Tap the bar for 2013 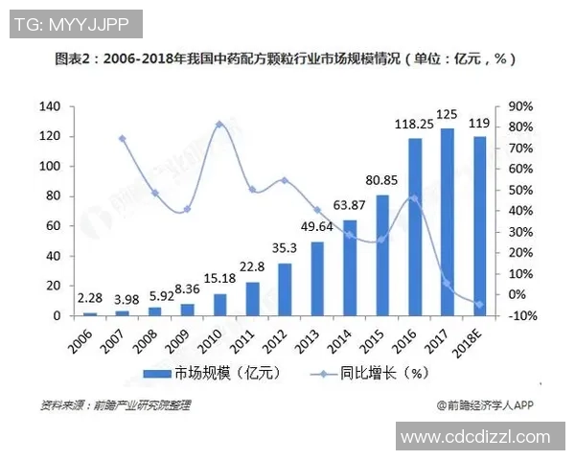[x=317, y=279]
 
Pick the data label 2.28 [x=90, y=298]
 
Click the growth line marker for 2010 [x=219, y=125]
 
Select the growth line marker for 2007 [x=123, y=139]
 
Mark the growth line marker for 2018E [x=479, y=305]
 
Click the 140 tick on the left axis [x=50, y=105]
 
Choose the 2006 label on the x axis [x=85, y=334]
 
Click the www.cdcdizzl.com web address [x=476, y=437]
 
